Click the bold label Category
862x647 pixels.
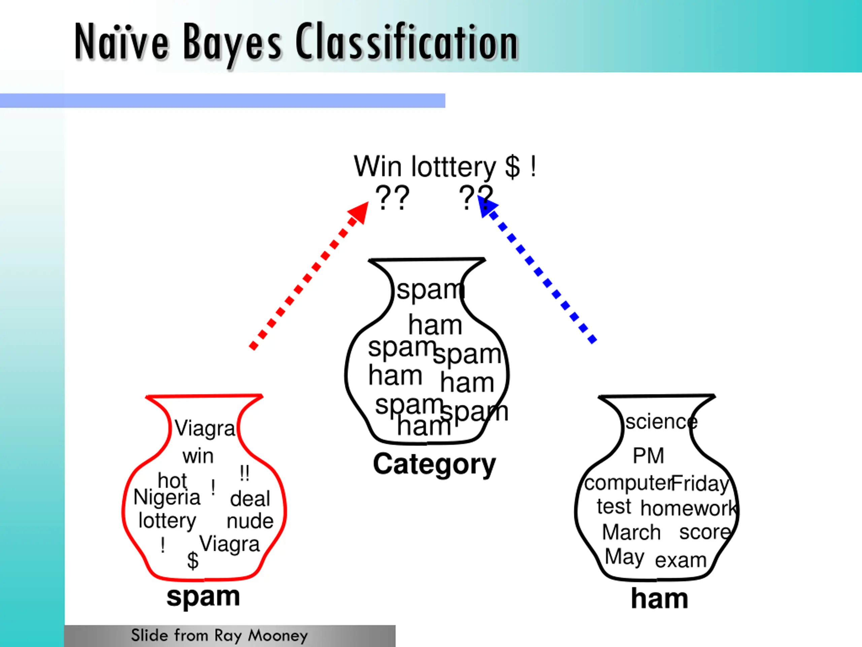pyautogui.click(x=434, y=464)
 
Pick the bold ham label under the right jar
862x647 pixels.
pyautogui.click(x=659, y=598)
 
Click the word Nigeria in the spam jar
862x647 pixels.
pyautogui.click(x=167, y=497)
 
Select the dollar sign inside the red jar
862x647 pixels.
pyautogui.click(x=193, y=560)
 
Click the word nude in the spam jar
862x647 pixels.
pyautogui.click(x=250, y=521)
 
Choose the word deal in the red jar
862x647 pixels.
pyautogui.click(x=250, y=499)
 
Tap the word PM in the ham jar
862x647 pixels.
pyautogui.click(x=648, y=456)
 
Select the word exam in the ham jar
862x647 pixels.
pyautogui.click(x=681, y=560)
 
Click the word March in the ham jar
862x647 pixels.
pyautogui.click(x=631, y=532)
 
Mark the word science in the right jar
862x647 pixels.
pyautogui.click(x=661, y=422)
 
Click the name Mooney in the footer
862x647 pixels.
pyautogui.click(x=278, y=635)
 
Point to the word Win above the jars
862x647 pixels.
pyautogui.click(x=377, y=166)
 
